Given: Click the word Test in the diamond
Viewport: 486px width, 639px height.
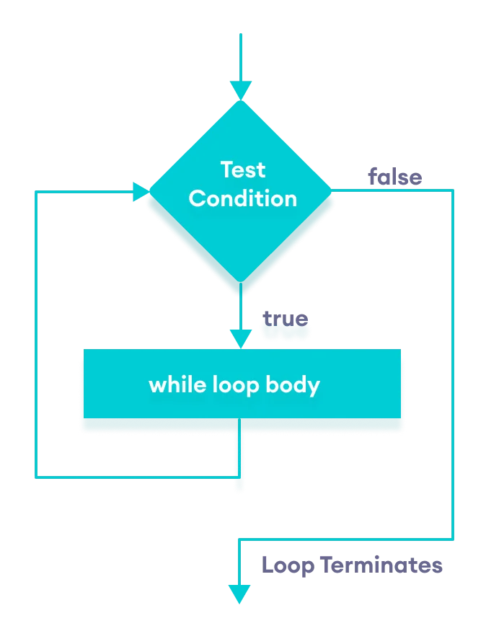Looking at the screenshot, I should tap(242, 170).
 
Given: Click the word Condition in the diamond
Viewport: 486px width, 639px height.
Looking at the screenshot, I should tap(242, 198).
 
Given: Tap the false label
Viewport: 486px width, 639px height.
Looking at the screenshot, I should tap(394, 177).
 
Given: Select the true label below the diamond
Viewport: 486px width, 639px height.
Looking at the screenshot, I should tap(285, 319).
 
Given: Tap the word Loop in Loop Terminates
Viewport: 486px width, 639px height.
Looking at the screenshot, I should tap(288, 565).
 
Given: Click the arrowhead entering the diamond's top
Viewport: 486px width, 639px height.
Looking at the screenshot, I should tap(241, 91).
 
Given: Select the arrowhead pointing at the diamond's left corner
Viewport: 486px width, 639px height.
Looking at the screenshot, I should tap(141, 192).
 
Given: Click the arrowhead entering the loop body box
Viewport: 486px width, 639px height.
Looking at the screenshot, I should tap(241, 340).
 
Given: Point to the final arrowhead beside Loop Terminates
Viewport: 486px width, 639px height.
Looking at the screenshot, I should tap(239, 594).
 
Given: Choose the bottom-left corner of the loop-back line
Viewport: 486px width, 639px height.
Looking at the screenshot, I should tap(36, 477).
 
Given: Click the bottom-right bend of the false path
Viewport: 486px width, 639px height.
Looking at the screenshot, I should tap(453, 539).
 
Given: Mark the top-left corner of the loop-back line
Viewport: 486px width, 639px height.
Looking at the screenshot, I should tap(36, 192).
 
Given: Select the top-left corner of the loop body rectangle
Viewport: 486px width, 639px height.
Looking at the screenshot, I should tap(84, 351).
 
